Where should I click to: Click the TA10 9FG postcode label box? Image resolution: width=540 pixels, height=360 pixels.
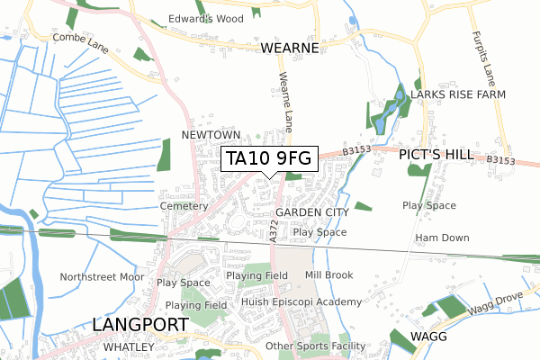click(269, 158)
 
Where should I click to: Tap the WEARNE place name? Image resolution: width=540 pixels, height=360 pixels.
click(291, 48)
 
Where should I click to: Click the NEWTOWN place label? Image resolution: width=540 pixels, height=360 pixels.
click(211, 134)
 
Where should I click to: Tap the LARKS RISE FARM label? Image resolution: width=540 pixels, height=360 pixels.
click(457, 94)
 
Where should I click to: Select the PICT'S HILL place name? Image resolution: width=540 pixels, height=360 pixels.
click(436, 156)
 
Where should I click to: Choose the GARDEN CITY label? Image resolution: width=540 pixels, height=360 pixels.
click(311, 212)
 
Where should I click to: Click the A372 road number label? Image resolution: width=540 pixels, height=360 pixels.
click(273, 229)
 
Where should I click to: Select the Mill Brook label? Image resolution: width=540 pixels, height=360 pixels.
click(328, 274)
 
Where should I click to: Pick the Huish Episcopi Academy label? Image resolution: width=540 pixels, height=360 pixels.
click(301, 302)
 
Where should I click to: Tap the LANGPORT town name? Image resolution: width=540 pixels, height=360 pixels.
click(137, 324)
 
